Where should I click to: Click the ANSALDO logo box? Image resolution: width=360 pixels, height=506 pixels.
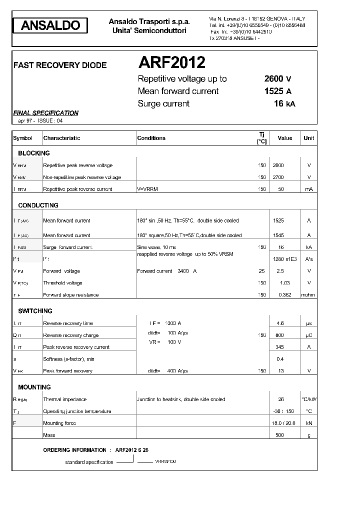coord(50,25)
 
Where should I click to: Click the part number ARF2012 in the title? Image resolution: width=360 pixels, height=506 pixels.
coord(171,62)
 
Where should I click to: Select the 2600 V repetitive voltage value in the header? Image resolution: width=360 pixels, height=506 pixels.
coord(277,78)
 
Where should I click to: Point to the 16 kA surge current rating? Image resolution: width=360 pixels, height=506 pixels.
coord(284,103)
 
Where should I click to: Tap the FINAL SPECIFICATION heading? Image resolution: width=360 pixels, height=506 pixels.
coord(45,113)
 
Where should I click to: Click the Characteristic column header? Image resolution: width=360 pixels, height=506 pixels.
coord(61,138)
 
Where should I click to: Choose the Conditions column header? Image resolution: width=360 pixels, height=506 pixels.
coord(151,138)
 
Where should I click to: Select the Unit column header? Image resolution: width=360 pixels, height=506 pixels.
coord(308,138)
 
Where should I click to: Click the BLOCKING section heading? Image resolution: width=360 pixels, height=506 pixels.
coord(34,153)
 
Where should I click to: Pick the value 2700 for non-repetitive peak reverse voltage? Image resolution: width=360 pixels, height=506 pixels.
coord(278,177)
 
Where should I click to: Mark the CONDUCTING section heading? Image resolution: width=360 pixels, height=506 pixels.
coord(38,205)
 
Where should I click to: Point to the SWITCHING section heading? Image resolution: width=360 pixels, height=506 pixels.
coord(35,310)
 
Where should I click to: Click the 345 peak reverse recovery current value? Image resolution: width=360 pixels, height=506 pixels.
coord(280,347)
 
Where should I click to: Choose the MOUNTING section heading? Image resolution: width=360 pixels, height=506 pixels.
coord(34,387)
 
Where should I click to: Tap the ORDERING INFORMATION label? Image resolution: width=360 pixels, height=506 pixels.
coord(74,450)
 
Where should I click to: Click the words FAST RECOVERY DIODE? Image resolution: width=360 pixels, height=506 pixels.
coord(59,65)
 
